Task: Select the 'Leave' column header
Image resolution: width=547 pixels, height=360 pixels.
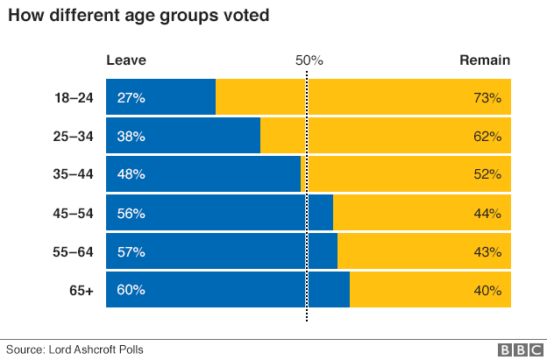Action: click(x=126, y=60)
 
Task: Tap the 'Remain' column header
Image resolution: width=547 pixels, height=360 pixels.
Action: click(x=485, y=60)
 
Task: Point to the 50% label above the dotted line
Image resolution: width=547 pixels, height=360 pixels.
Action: click(x=309, y=60)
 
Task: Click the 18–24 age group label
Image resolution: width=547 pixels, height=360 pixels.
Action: click(x=74, y=97)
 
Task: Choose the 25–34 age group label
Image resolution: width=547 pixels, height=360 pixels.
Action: click(x=74, y=136)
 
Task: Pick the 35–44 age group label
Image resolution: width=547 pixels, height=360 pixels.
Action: click(x=74, y=174)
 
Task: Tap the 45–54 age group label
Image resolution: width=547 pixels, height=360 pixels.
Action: click(x=74, y=213)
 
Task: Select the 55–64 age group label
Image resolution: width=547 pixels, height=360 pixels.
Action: click(x=74, y=251)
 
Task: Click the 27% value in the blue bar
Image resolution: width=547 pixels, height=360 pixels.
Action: click(x=131, y=97)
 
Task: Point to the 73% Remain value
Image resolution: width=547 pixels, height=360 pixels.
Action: click(x=487, y=97)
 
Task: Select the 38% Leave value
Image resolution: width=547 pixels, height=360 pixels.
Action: click(x=131, y=136)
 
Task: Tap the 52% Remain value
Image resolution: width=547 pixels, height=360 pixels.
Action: click(x=487, y=174)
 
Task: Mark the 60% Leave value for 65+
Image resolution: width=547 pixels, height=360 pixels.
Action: click(x=131, y=290)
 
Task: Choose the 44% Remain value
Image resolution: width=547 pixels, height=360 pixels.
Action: click(x=487, y=213)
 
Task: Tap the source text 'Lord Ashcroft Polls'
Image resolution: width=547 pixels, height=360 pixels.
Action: click(x=96, y=349)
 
